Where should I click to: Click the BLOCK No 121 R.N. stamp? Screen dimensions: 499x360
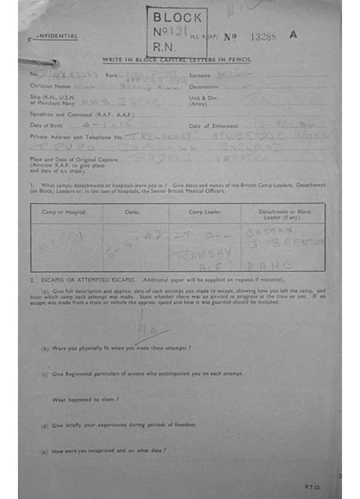click(177, 32)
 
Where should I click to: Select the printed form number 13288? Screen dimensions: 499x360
click(264, 37)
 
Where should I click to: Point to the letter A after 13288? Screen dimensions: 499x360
click(293, 36)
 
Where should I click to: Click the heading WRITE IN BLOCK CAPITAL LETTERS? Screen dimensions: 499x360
click(176, 59)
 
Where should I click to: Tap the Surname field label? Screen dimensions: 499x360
click(199, 76)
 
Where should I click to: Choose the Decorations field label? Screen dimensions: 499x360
click(204, 87)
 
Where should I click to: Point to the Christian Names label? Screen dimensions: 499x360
click(50, 86)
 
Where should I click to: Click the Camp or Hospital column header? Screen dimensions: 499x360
click(64, 212)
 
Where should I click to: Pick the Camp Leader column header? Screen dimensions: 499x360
click(205, 212)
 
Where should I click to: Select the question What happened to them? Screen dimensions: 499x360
click(85, 400)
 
